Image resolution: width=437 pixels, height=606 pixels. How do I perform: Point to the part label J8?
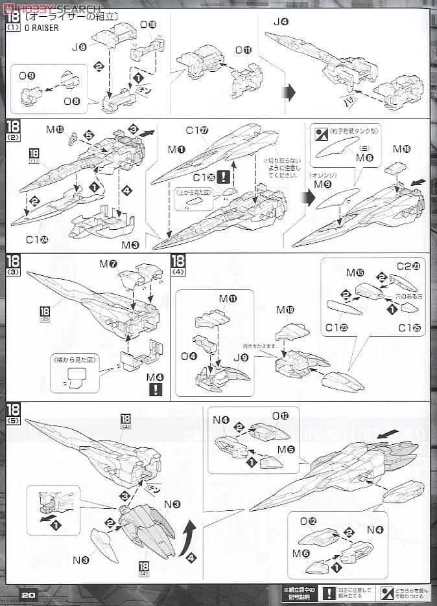pyautogui.click(x=79, y=47)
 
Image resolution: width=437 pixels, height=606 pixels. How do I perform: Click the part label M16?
pyautogui.click(x=401, y=149)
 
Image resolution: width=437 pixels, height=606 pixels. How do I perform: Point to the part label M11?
pyautogui.click(x=228, y=298)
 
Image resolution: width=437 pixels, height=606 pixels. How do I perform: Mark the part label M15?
pyautogui.click(x=355, y=273)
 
